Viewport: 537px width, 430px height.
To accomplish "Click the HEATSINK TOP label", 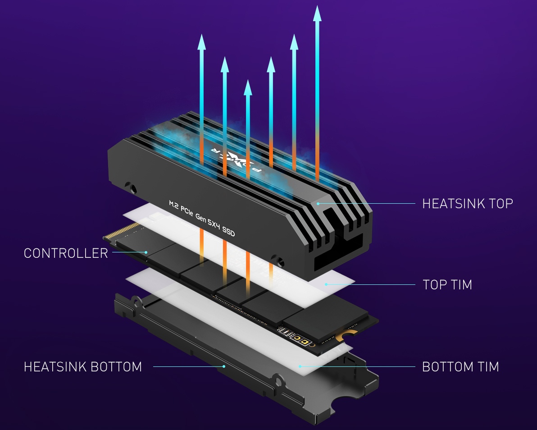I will [467, 203].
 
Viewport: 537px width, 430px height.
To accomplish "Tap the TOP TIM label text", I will [447, 284].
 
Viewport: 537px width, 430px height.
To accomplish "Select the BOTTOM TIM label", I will [460, 366].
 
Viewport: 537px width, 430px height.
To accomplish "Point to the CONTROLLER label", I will [66, 253].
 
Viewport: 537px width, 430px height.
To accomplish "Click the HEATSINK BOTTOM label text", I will [83, 366].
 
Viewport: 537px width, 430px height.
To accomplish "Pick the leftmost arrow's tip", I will [201, 37].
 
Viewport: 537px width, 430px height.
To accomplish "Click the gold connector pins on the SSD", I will [121, 230].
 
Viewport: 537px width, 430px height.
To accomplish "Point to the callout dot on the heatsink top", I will [318, 203].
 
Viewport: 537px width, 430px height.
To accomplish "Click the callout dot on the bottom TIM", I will [300, 366].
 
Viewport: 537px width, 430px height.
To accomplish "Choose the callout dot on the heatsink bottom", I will [224, 366].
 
